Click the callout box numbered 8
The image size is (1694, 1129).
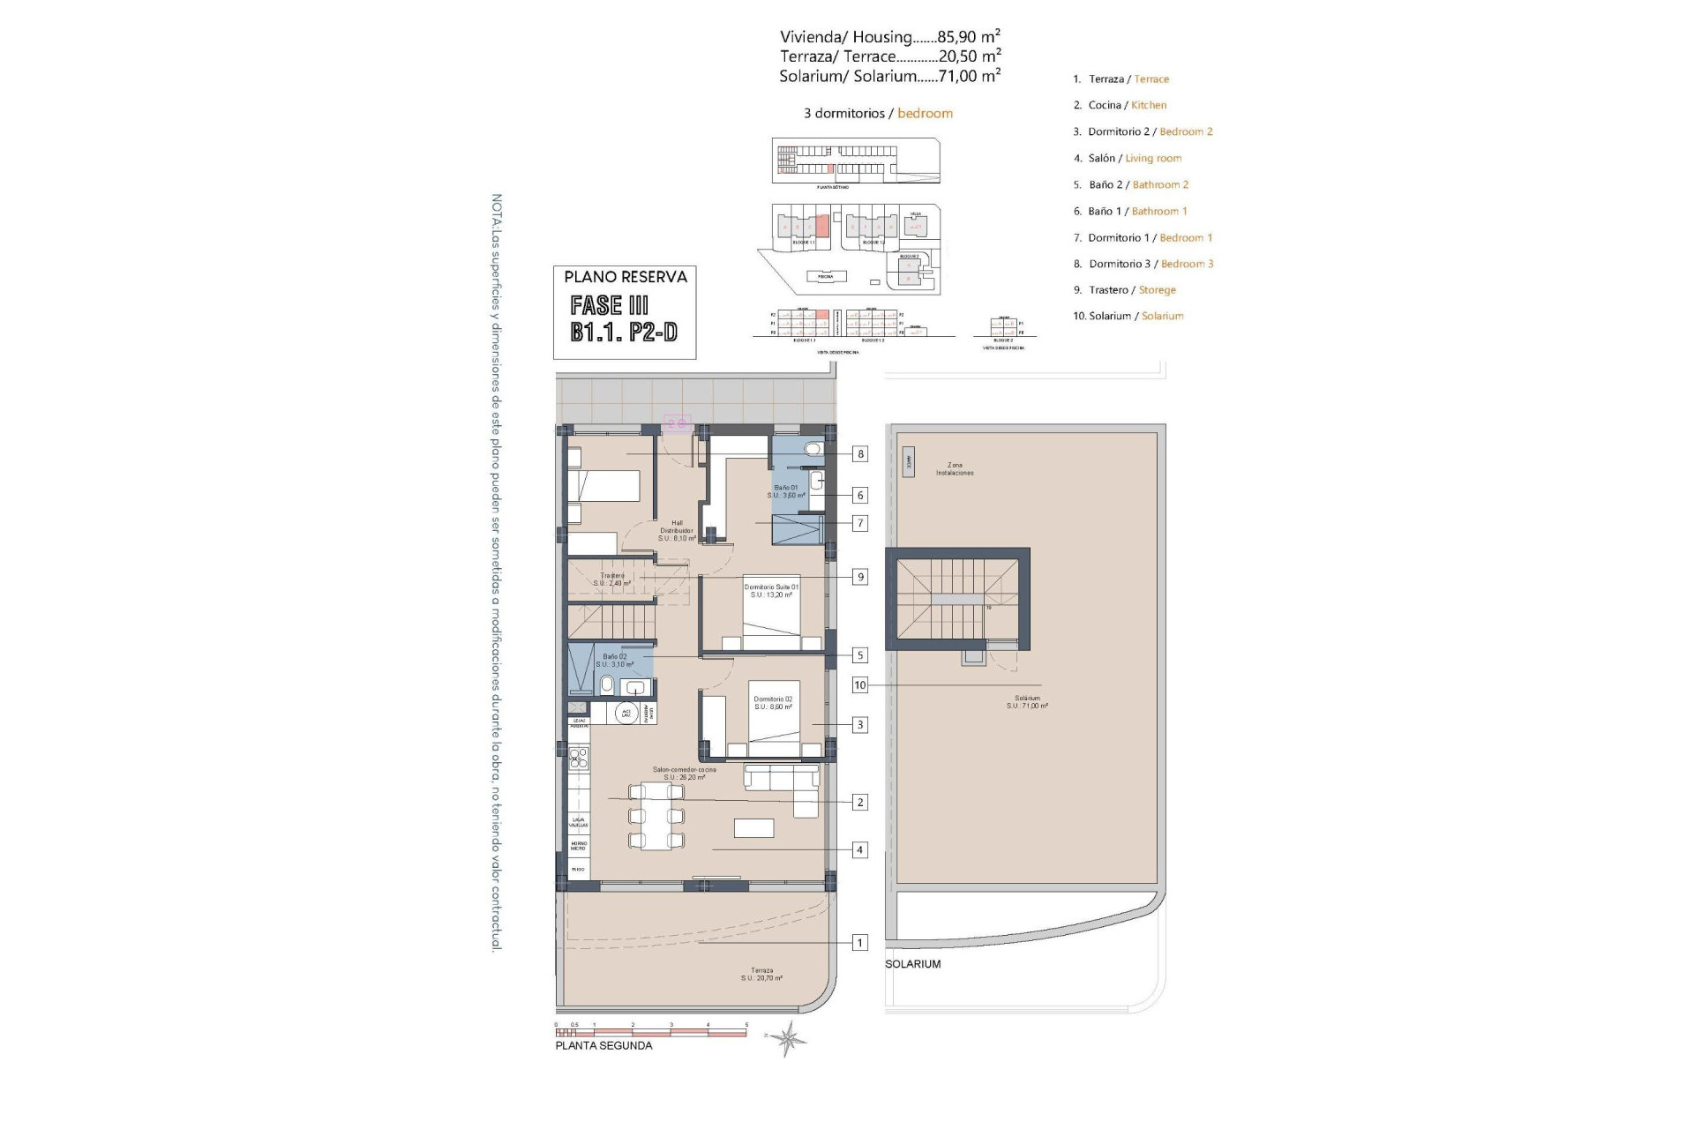click(859, 454)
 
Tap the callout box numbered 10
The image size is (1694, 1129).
click(859, 684)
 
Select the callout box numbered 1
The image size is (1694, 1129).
click(859, 942)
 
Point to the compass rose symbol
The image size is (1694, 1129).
click(787, 1038)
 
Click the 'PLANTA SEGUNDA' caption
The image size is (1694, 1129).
click(603, 1045)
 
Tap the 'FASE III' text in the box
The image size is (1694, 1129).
click(610, 305)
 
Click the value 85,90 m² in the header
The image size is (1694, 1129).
click(968, 36)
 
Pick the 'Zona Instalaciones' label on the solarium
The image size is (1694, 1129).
click(955, 468)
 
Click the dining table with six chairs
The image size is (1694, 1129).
click(656, 817)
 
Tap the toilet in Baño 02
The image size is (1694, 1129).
click(607, 685)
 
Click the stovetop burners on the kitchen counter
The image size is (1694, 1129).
click(579, 756)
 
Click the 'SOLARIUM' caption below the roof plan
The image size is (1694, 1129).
click(913, 964)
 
